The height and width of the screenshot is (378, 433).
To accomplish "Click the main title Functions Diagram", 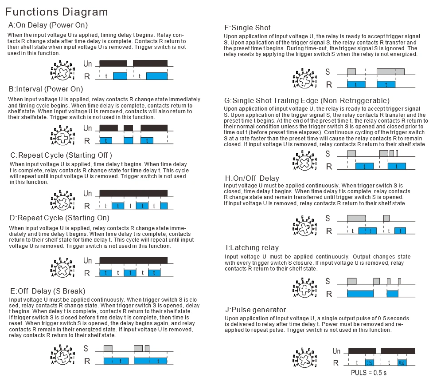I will click(56, 12).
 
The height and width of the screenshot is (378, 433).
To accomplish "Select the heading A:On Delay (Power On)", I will click(48, 25).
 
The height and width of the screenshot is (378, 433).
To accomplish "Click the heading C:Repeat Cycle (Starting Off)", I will click(61, 155).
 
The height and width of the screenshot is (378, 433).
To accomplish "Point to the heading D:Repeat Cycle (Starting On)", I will click(59, 218).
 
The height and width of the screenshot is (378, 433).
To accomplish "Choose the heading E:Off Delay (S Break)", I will click(47, 291).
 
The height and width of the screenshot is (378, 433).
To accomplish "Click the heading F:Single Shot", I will click(248, 28).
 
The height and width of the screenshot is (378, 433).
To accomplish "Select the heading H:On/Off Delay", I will click(252, 179).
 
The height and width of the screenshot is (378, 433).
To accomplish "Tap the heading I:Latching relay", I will click(252, 247).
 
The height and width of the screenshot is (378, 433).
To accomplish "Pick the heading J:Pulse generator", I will click(255, 310).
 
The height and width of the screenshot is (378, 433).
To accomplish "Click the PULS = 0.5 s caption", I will click(369, 372).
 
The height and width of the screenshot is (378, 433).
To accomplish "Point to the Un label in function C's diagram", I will click(88, 194).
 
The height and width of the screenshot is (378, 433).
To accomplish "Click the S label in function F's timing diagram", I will click(328, 72).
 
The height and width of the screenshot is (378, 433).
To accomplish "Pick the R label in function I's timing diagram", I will click(329, 294).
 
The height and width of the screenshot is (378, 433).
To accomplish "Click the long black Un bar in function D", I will click(133, 260).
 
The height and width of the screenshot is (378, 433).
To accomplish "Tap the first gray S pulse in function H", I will click(356, 218).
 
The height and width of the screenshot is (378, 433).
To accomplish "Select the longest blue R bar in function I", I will click(360, 294).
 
